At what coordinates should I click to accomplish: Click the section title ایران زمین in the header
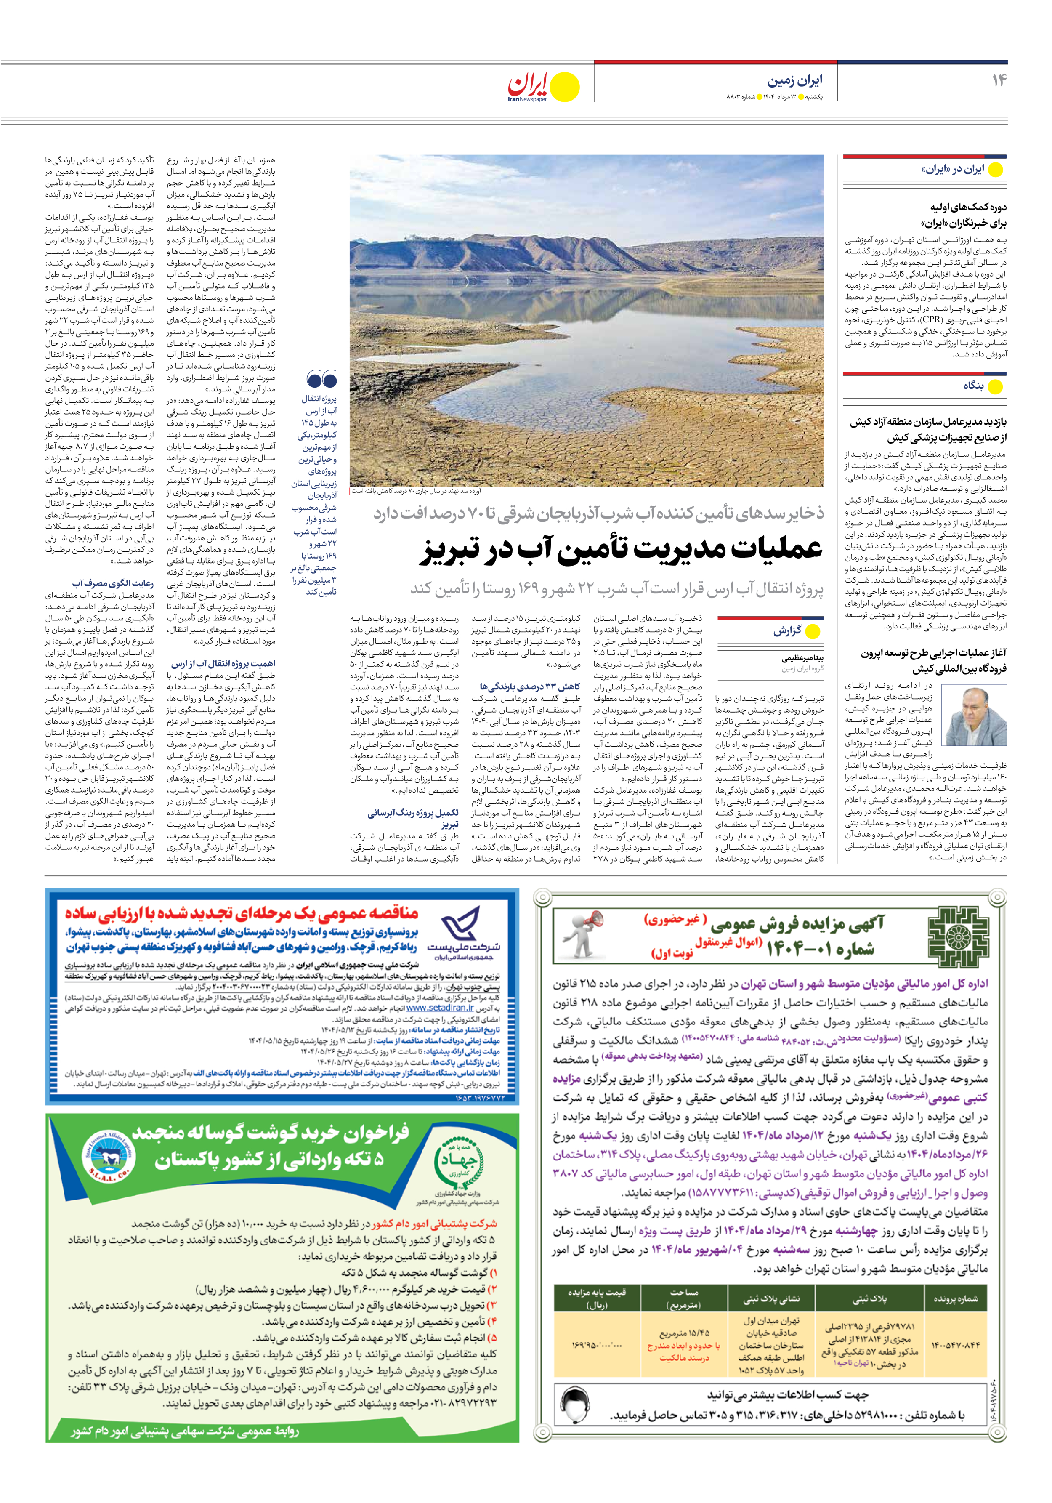(x=795, y=80)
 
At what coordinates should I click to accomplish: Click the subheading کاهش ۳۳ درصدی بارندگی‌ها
(x=530, y=687)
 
